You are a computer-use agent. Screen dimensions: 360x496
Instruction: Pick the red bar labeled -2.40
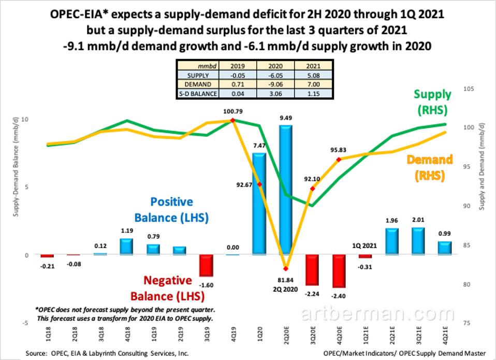pyautogui.click(x=339, y=271)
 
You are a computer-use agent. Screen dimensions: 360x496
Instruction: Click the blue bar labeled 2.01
pyautogui.click(x=418, y=241)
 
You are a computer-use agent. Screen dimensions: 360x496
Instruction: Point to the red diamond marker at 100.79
pyautogui.click(x=232, y=120)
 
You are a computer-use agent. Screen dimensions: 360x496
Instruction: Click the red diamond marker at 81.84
pyautogui.click(x=285, y=268)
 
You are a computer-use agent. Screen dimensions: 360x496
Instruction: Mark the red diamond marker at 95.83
pyautogui.click(x=339, y=160)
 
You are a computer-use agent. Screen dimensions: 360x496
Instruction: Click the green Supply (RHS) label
pyautogui.click(x=432, y=101)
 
